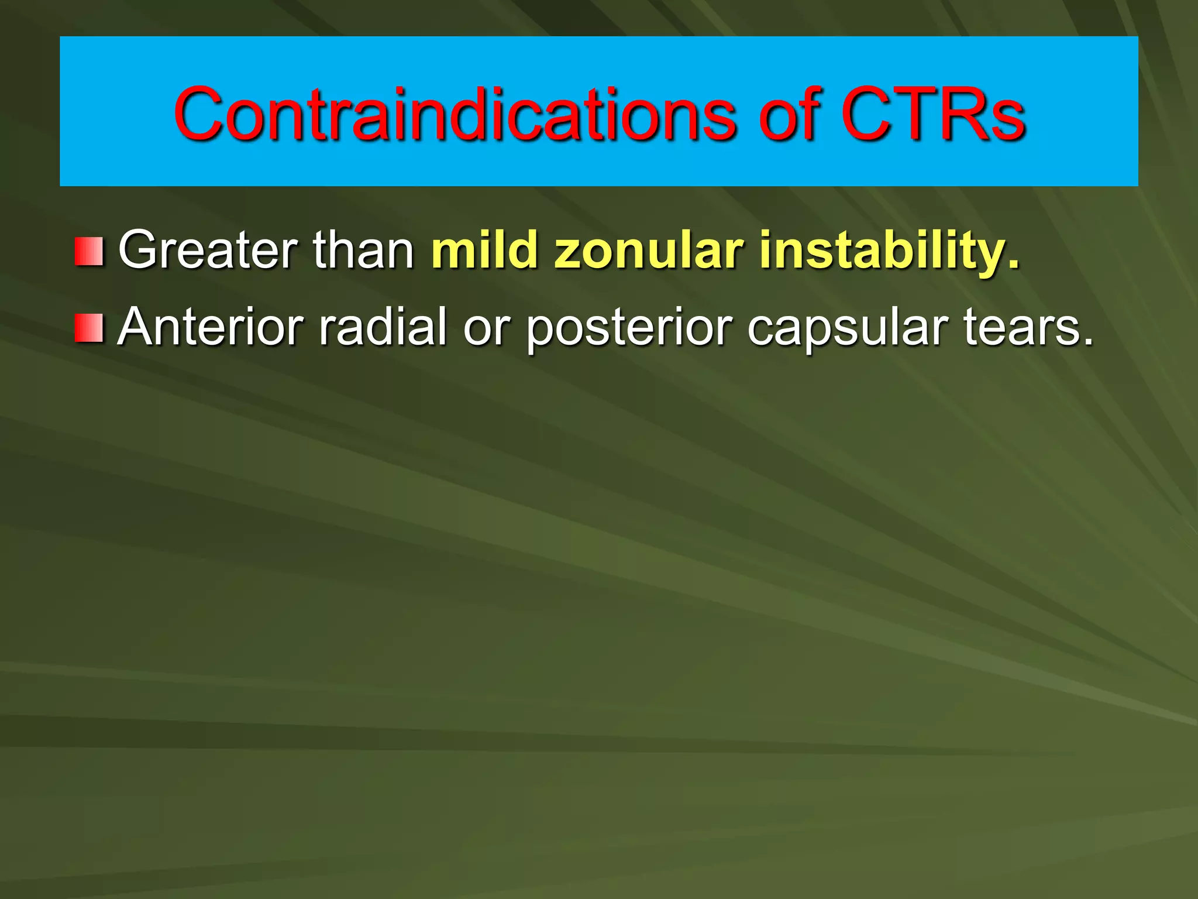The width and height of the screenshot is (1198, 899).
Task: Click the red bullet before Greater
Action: pos(89,251)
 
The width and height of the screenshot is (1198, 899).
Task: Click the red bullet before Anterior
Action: pos(89,328)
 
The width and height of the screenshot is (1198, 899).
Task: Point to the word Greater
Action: pos(209,251)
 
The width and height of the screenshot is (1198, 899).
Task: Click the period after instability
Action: pos(1013,267)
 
